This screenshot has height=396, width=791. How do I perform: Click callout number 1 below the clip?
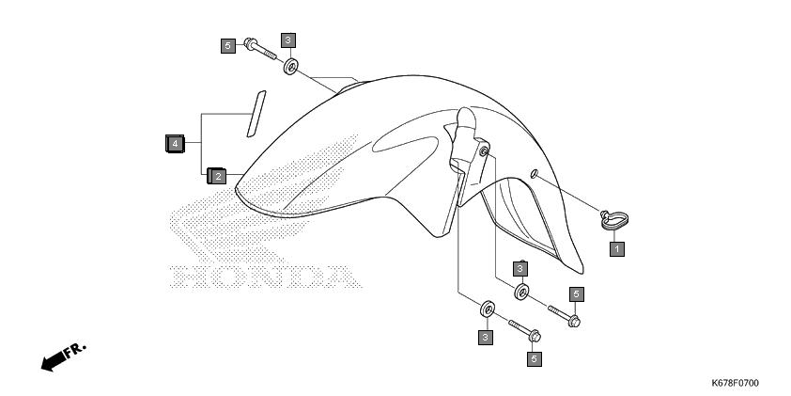[x=616, y=249]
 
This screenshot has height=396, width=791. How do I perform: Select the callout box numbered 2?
[x=217, y=176]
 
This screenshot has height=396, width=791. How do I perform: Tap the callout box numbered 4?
[x=175, y=144]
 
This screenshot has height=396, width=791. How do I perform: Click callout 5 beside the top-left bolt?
[x=228, y=46]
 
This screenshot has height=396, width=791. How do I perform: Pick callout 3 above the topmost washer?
[x=288, y=40]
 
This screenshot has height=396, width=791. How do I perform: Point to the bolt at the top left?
[x=260, y=50]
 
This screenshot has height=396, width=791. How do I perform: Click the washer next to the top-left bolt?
[x=290, y=67]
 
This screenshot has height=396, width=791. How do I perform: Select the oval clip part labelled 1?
[x=614, y=221]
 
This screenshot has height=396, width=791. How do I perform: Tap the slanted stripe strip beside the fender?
[x=256, y=114]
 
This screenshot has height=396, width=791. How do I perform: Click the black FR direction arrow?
[x=54, y=360]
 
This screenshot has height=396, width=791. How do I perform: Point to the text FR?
[x=75, y=350]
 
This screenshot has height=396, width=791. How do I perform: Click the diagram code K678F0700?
[x=735, y=384]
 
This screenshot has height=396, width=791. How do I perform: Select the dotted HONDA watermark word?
[x=265, y=277]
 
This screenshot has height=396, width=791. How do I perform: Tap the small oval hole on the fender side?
[x=535, y=174]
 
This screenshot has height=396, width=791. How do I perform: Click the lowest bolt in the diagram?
[x=524, y=330]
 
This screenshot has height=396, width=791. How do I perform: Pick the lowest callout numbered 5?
[x=535, y=359]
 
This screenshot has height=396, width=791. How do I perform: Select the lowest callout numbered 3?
[x=486, y=338]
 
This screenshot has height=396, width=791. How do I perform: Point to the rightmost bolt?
[x=565, y=316]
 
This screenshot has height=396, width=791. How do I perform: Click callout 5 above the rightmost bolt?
[x=577, y=294]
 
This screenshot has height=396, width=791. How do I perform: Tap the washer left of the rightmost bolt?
[x=521, y=292]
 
